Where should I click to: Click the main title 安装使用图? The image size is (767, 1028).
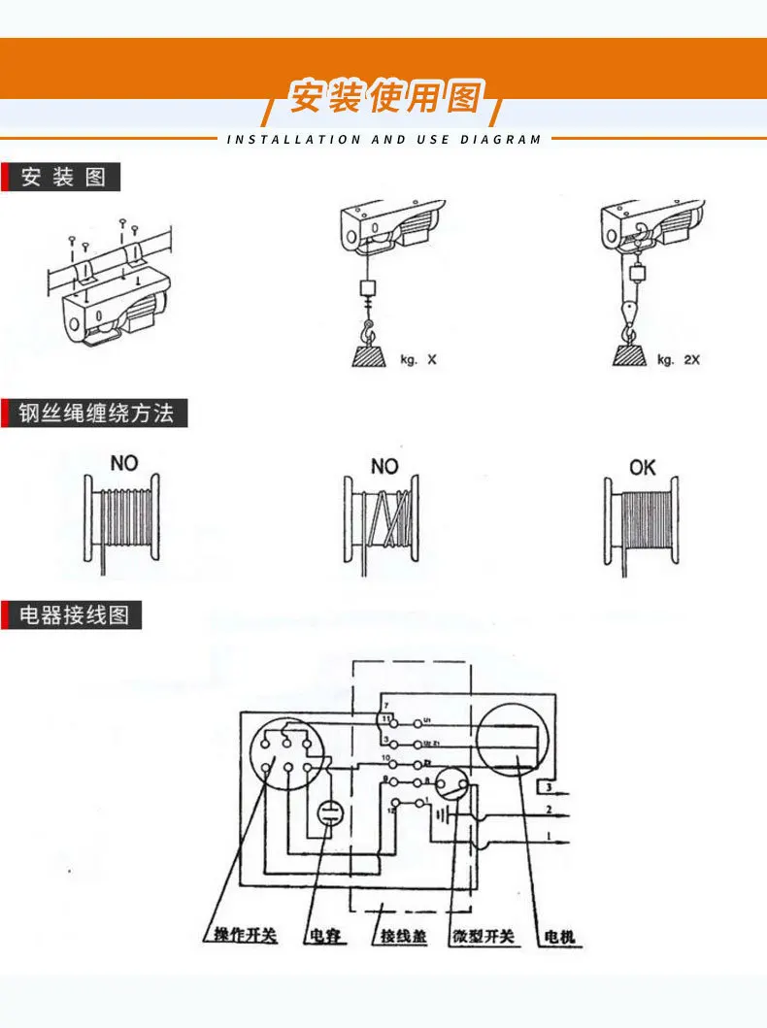click(385, 96)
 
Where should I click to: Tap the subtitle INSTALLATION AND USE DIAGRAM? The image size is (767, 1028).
click(383, 140)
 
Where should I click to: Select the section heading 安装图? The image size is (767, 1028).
click(63, 179)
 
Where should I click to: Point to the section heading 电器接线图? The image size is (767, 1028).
click(74, 615)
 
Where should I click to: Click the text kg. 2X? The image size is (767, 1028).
click(679, 360)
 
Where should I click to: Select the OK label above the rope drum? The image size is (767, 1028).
click(643, 468)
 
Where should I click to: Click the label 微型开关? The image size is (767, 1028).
click(483, 937)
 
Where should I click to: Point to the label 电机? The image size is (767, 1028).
click(560, 937)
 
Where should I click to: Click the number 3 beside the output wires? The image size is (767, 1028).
click(549, 785)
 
